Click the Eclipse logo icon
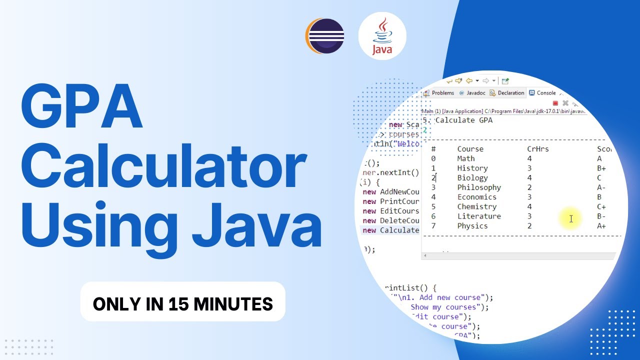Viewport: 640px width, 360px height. pyautogui.click(x=325, y=36)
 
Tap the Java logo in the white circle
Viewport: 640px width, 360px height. pyautogui.click(x=382, y=36)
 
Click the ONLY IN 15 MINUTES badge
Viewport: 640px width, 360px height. pyautogui.click(x=183, y=303)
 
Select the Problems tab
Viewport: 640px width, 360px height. pyautogui.click(x=439, y=93)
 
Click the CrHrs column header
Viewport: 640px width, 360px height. pyautogui.click(x=538, y=149)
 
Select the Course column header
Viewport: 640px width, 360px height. pyautogui.click(x=470, y=149)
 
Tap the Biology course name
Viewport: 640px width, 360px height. pyautogui.click(x=472, y=177)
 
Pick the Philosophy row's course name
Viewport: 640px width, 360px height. pyautogui.click(x=479, y=187)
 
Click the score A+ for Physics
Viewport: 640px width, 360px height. pyautogui.click(x=601, y=225)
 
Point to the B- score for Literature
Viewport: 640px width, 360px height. pyautogui.click(x=601, y=216)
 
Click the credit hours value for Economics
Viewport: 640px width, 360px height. pyautogui.click(x=529, y=196)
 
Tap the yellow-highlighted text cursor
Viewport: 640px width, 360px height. pyautogui.click(x=570, y=218)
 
